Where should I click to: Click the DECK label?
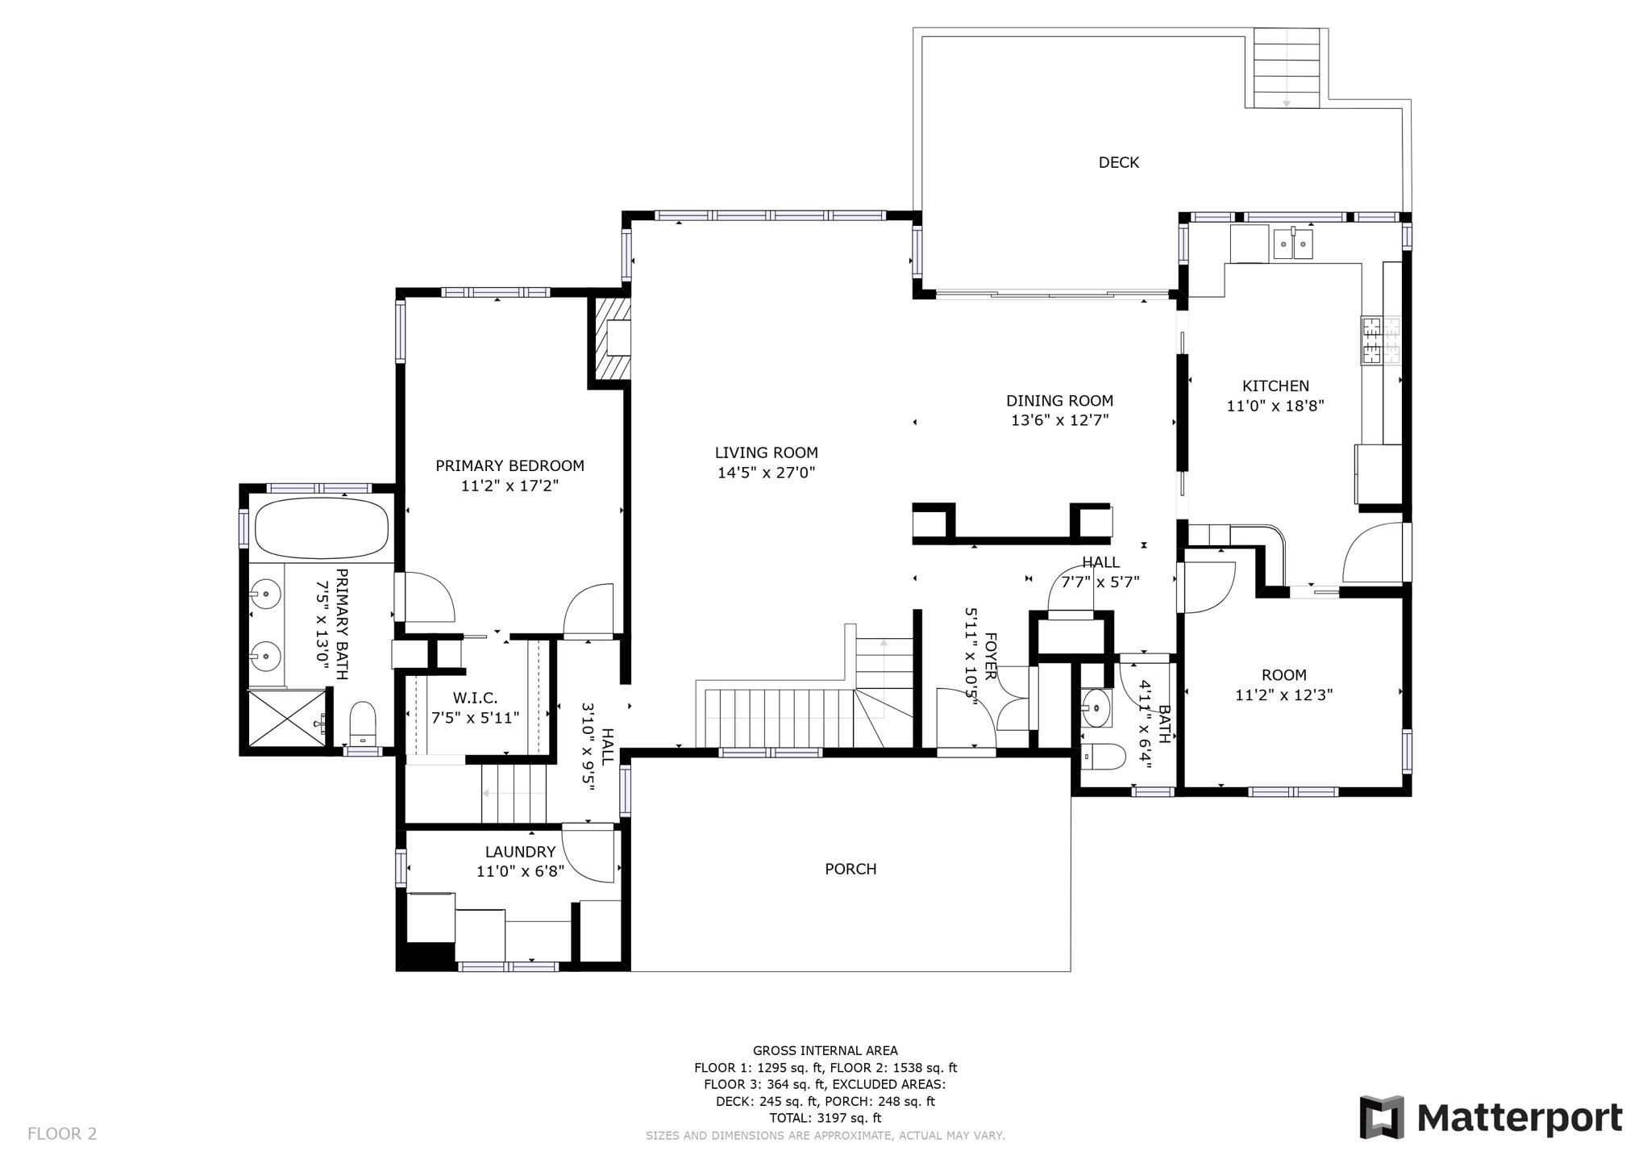pos(1118,163)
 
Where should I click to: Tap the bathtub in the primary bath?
pos(321,528)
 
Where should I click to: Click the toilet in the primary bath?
pos(363,723)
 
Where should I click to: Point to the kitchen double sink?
pos(1292,244)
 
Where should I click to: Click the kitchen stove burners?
pos(1380,340)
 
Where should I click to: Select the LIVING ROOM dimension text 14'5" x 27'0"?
pos(766,473)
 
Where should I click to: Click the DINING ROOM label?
pos(1059,401)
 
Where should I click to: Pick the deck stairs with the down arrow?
pos(1286,68)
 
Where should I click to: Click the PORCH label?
pos(850,869)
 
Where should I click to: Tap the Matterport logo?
pos(1491,1117)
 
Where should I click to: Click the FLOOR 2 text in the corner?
pos(62,1133)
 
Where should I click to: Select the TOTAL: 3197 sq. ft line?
pos(825,1118)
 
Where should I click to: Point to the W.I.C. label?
pos(475,698)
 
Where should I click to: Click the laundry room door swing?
pos(586,855)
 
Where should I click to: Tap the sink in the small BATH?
pos(1096,707)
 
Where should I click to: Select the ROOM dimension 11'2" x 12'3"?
pos(1283,695)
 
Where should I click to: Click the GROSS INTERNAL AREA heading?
pos(825,1050)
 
